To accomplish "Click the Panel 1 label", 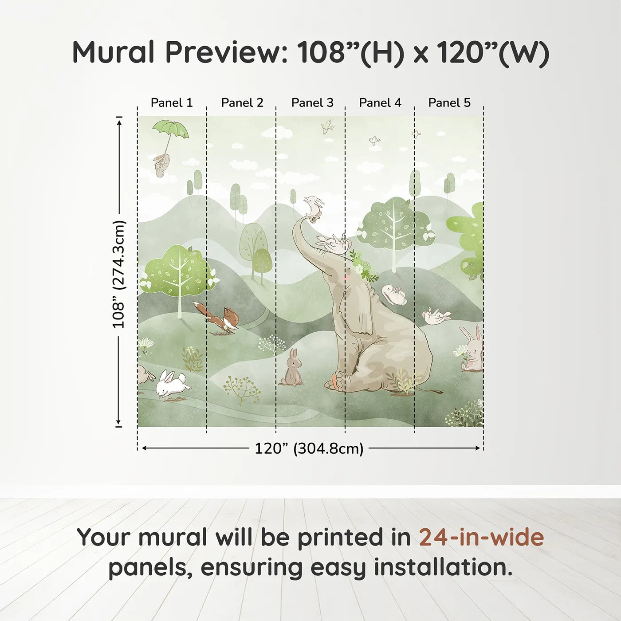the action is (172, 103).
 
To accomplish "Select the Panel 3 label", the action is (312, 103).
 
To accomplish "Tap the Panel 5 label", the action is (449, 103).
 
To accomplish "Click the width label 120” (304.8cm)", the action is (309, 448).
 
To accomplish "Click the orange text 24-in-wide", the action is (481, 537).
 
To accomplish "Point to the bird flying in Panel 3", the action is (328, 127).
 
